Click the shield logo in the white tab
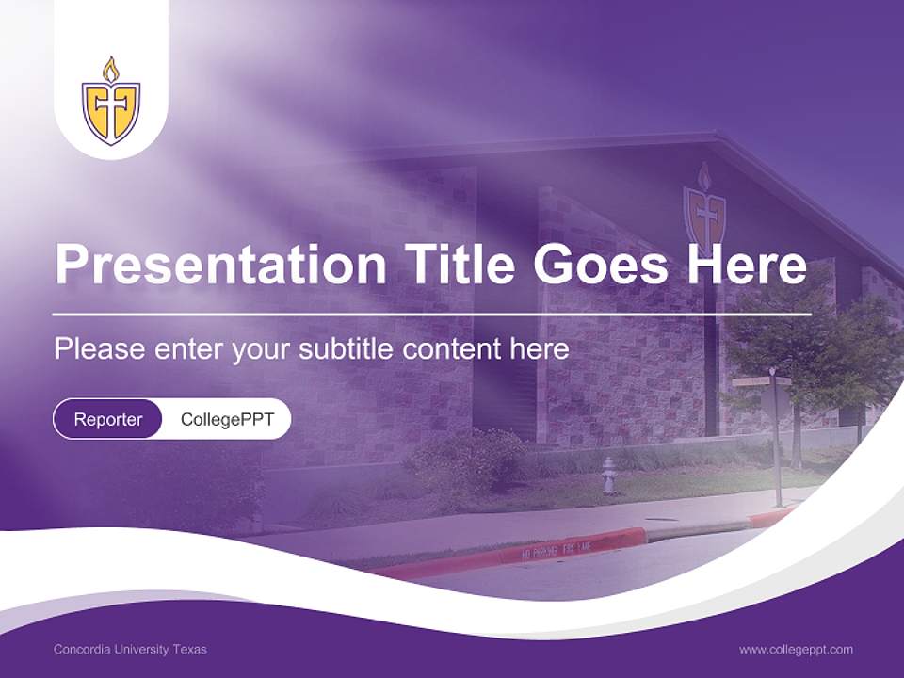pos(111,111)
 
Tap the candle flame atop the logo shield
pos(111,69)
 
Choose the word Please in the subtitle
pos(100,349)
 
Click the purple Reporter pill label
pos(108,419)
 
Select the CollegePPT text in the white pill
pos(227,419)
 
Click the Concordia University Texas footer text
pos(130,649)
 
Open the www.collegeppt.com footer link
pos(796,649)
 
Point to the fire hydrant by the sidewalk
pos(609,475)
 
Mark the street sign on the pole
pos(762,381)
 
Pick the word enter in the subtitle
pos(189,349)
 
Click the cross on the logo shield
pos(111,113)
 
